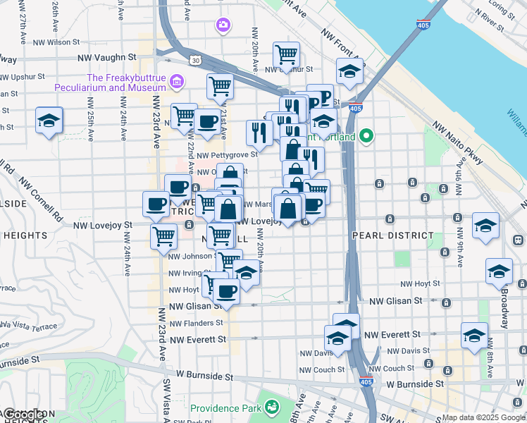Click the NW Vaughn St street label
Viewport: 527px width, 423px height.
[106, 57]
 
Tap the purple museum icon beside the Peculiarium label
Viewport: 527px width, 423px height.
[177, 84]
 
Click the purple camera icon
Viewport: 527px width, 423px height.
[223, 25]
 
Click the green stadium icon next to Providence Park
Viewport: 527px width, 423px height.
[271, 407]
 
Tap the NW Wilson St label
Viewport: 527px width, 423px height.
[66, 42]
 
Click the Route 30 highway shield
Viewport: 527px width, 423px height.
[195, 61]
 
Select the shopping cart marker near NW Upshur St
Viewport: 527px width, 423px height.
[286, 53]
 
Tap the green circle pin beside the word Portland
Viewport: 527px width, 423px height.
[366, 135]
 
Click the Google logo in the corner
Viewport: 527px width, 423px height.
[25, 415]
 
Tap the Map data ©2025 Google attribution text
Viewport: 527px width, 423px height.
[483, 417]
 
